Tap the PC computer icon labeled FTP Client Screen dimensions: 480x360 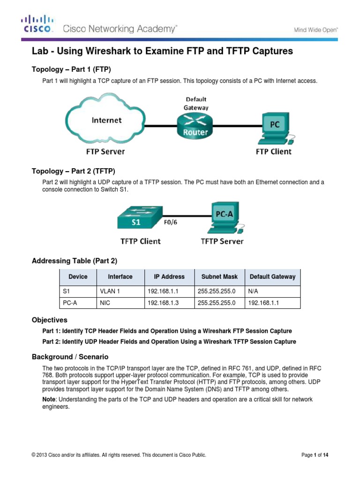(x=275, y=127)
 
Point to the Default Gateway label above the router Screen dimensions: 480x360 (x=196, y=103)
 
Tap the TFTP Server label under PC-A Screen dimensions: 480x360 (x=222, y=241)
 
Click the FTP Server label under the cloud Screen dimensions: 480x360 (x=105, y=151)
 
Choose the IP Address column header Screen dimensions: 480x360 (x=169, y=277)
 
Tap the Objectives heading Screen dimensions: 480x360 (x=49, y=320)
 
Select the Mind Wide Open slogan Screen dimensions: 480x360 (x=315, y=30)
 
